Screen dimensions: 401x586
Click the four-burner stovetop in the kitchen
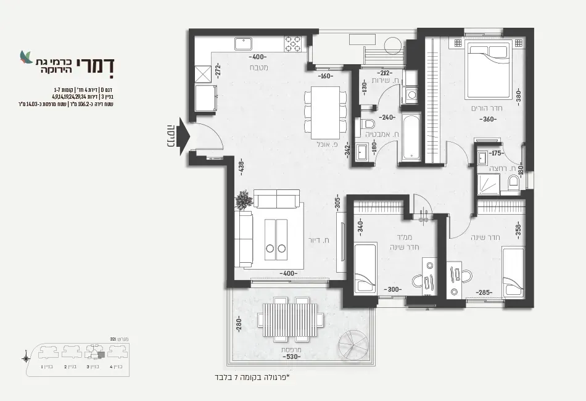[293, 43]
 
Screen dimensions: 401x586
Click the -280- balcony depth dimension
[237, 325]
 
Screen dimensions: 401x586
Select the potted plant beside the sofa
[244, 199]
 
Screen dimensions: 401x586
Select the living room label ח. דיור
[317, 241]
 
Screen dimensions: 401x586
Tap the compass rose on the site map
[26, 358]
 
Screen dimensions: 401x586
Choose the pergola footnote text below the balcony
[249, 376]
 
